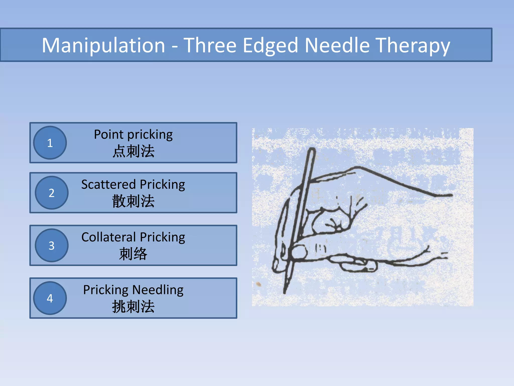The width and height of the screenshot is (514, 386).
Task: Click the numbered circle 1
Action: coord(50,143)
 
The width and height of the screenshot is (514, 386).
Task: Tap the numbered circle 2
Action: coord(51,193)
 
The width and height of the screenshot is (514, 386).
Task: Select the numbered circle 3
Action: coord(51,246)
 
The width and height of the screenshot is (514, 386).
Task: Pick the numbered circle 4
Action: coord(50,298)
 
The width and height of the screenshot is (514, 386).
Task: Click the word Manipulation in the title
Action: coord(103,45)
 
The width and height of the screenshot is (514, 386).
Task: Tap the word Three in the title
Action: coord(210,45)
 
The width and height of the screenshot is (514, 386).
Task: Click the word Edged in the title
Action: coord(270,46)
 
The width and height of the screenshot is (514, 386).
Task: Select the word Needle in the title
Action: coord(337,45)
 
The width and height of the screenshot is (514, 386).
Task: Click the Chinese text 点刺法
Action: coord(133,151)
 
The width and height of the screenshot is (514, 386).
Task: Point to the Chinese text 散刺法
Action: coord(133,201)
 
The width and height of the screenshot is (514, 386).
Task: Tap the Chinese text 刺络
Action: coord(133,254)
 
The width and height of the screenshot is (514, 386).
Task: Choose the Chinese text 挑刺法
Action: coord(133,307)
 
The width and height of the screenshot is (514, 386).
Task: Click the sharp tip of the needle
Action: coord(285,292)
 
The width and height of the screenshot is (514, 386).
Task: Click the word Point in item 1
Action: coord(109,135)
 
